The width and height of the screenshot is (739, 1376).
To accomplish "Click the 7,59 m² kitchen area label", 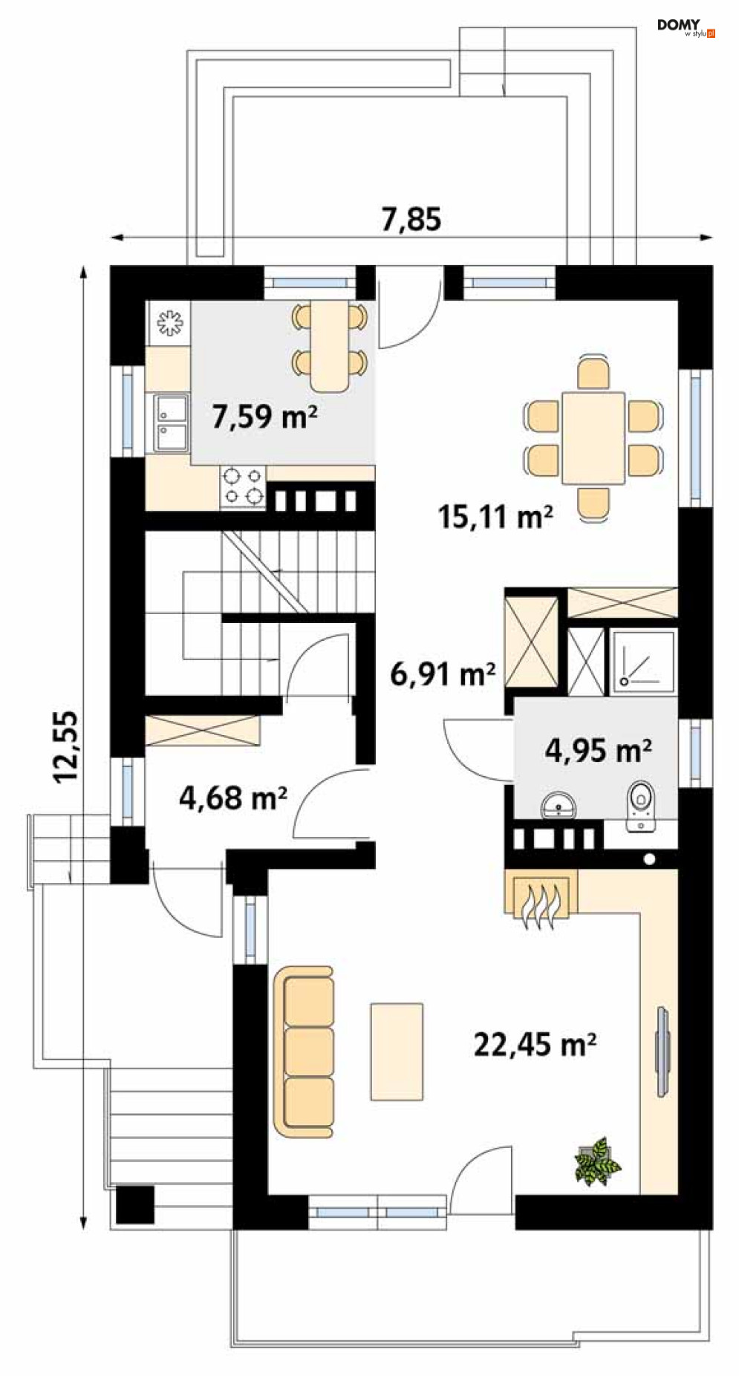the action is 264,416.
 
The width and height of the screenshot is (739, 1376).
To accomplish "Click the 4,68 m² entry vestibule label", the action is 233,798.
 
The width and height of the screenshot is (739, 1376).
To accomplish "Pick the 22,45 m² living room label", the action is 535,1044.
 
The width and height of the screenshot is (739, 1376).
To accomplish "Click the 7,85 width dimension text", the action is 411,219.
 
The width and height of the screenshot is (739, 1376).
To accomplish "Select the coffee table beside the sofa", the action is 397,1051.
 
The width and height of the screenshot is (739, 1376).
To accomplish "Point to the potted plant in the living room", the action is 597,1161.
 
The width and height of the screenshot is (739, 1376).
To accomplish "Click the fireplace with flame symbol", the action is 541,899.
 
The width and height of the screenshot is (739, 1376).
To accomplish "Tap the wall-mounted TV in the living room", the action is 663,1051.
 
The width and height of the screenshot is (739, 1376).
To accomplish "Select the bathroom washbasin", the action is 559,804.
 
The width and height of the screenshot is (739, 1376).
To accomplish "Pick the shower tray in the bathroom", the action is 644,662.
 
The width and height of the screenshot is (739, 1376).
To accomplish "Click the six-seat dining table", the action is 593,438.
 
